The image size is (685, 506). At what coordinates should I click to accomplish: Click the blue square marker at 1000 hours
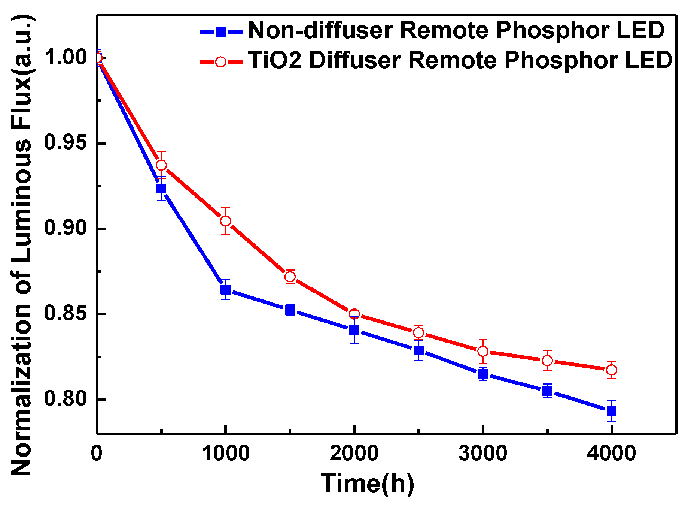click(x=225, y=290)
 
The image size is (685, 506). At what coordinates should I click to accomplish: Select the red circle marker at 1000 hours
click(x=225, y=221)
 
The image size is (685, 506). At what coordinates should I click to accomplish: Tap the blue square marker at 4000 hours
click(x=611, y=411)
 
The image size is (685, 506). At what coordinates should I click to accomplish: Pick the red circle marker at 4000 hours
click(x=611, y=370)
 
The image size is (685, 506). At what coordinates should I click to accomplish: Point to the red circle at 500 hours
click(x=161, y=165)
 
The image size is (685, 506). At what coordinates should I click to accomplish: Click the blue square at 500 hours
click(x=161, y=188)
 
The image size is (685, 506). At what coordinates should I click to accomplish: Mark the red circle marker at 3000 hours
click(x=483, y=351)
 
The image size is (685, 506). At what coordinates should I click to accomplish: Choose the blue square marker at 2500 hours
click(x=418, y=350)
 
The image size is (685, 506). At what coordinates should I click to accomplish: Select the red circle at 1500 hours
click(x=290, y=277)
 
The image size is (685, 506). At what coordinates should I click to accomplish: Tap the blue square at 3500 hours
click(x=547, y=391)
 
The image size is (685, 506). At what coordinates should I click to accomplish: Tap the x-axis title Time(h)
click(x=368, y=484)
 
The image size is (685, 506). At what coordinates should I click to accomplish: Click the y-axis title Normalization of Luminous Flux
click(x=22, y=246)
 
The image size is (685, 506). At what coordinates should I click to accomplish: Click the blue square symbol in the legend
click(x=221, y=32)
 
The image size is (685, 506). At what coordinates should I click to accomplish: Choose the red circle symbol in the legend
click(x=221, y=61)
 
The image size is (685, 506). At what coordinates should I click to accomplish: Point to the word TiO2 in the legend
click(x=275, y=60)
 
